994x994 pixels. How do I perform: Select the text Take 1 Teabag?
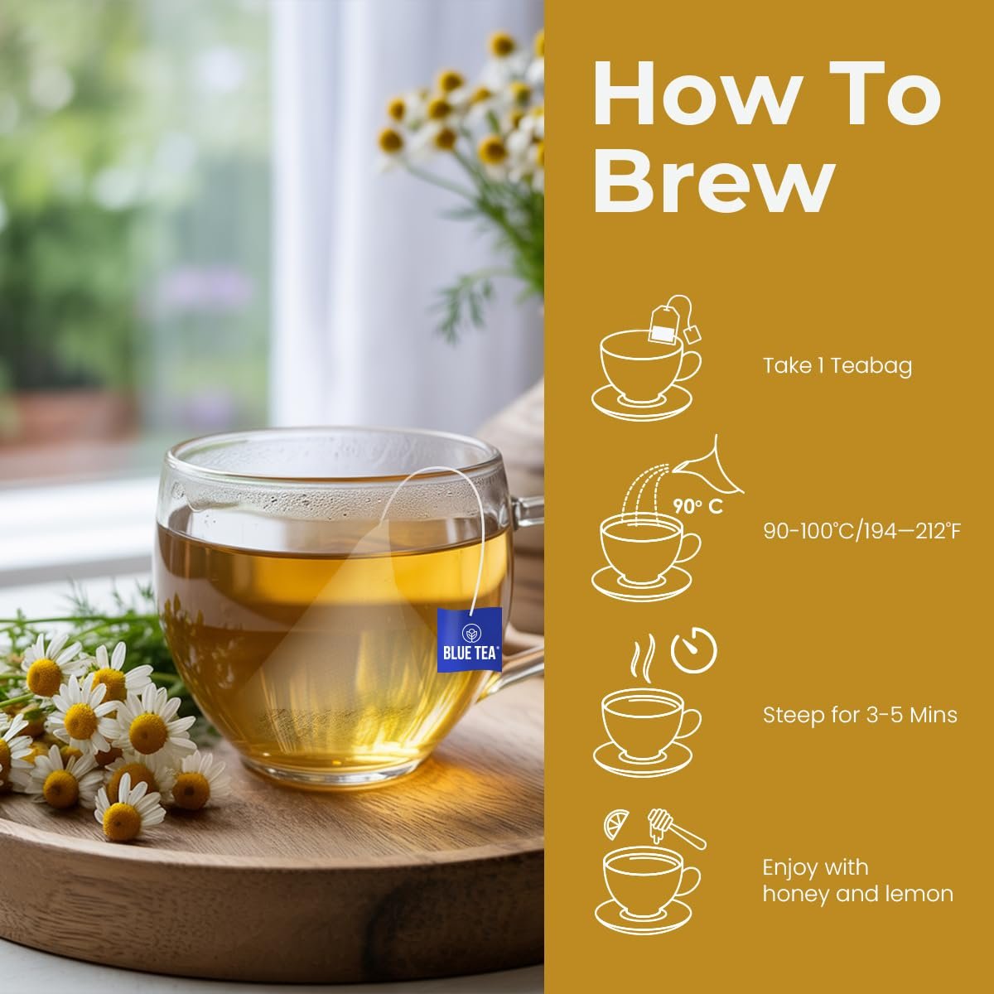pyautogui.click(x=837, y=365)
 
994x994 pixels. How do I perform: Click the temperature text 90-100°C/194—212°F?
pyautogui.click(x=861, y=530)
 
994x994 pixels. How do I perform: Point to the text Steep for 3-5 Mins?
pyautogui.click(x=860, y=714)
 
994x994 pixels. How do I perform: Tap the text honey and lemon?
pyautogui.click(x=857, y=894)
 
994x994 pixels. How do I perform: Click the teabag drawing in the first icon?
pyautogui.click(x=663, y=323)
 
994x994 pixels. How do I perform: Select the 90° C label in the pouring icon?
pyautogui.click(x=697, y=506)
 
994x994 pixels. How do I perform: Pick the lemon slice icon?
pyautogui.click(x=617, y=824)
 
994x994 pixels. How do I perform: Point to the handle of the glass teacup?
pyautogui.click(x=522, y=580)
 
